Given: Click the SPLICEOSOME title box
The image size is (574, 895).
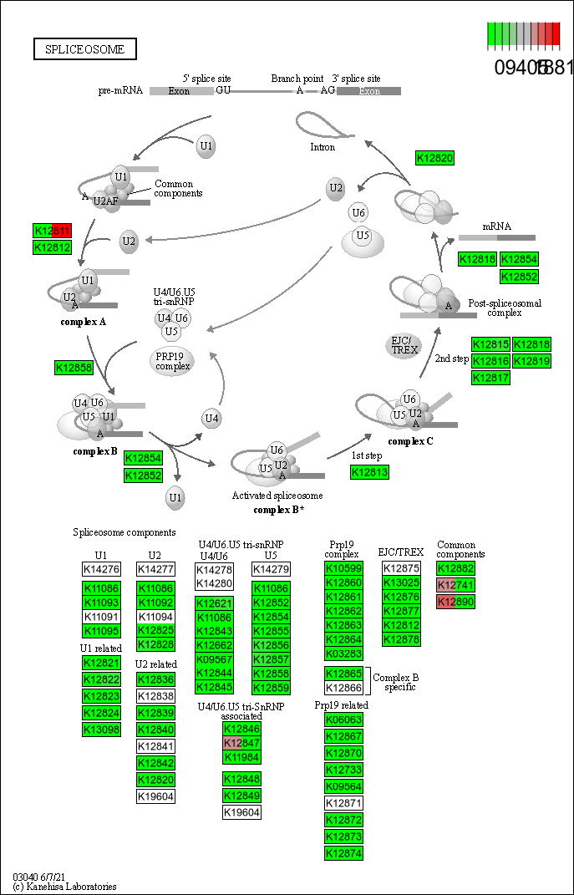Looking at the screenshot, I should coord(84,49).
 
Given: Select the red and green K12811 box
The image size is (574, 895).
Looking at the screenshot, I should coord(52,231).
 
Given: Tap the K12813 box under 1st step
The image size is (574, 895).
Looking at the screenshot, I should coord(369,473).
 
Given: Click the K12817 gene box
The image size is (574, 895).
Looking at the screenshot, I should coord(490,378).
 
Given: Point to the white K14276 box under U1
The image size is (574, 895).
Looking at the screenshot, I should coord(101,569).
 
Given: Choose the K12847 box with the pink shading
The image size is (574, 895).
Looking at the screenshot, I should coord(241,742).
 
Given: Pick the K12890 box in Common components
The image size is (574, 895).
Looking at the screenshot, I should coord(455,602).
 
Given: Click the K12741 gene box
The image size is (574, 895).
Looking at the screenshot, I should coord(455,585).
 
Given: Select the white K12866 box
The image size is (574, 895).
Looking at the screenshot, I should coord(343,688).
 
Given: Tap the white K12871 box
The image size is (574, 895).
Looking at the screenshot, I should coord(343,803).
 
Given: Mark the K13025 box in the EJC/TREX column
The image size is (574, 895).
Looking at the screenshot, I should coord(401,582).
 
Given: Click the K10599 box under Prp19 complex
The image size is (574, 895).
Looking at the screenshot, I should coord(343,568).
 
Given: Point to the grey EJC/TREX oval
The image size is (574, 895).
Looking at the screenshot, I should coord(404,345).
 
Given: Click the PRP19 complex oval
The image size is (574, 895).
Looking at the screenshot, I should coord(173,361).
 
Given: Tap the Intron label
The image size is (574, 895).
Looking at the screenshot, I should coord(323,147).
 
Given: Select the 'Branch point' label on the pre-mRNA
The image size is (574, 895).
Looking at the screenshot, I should coord(297,79).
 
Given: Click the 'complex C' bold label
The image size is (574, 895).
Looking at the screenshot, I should coord(410,441).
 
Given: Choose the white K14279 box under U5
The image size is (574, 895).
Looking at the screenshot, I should coord(271,569).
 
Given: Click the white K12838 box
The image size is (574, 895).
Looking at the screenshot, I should coord(155,696).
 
